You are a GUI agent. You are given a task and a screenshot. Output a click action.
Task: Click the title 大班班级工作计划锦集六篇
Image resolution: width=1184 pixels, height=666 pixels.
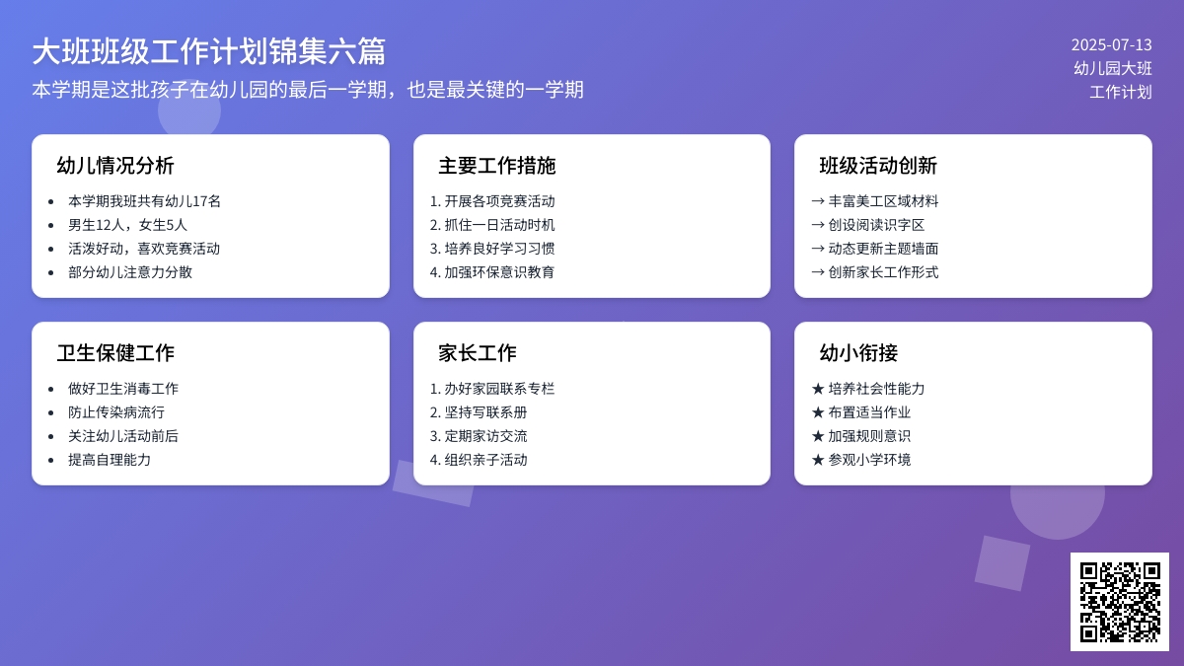(208, 51)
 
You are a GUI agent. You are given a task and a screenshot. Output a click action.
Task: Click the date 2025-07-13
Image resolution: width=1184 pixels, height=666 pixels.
(1111, 44)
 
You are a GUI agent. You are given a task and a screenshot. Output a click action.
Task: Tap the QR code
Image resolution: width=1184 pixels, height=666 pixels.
(1119, 601)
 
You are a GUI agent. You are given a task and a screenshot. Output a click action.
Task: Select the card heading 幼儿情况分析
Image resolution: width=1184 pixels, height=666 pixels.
(115, 166)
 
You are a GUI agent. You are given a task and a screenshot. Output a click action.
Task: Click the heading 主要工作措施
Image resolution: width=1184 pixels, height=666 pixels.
(497, 166)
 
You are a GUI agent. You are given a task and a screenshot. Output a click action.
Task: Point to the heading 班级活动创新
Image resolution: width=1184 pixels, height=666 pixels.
(878, 166)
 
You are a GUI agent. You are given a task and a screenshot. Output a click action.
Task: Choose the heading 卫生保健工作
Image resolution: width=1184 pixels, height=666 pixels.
(115, 353)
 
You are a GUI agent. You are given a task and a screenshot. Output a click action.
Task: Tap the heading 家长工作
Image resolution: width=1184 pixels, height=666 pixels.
(478, 353)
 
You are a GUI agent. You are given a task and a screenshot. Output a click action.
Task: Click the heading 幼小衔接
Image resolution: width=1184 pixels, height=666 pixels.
(858, 353)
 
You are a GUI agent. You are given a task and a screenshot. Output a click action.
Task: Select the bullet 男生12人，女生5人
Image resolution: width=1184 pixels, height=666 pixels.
(127, 225)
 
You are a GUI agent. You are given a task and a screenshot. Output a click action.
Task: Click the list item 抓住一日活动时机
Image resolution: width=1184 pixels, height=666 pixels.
(499, 225)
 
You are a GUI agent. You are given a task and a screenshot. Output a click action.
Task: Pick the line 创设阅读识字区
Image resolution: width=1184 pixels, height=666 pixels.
(876, 225)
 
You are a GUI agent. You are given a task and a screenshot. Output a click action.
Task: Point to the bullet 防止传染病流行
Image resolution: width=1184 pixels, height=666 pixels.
(116, 412)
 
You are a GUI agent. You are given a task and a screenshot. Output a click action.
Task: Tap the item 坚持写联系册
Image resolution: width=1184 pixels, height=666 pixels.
(485, 412)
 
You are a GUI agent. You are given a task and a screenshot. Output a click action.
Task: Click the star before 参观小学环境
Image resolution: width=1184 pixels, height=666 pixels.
(817, 460)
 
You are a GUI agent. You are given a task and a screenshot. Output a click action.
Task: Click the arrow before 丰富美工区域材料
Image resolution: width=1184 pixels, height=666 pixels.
(817, 201)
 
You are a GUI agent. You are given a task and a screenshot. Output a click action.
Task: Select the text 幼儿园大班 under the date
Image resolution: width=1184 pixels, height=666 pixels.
(1113, 68)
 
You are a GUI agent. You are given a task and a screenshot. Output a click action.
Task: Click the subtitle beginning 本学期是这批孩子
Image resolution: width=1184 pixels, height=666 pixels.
(308, 90)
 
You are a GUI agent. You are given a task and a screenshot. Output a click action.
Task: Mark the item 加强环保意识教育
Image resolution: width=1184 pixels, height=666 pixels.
(499, 272)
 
